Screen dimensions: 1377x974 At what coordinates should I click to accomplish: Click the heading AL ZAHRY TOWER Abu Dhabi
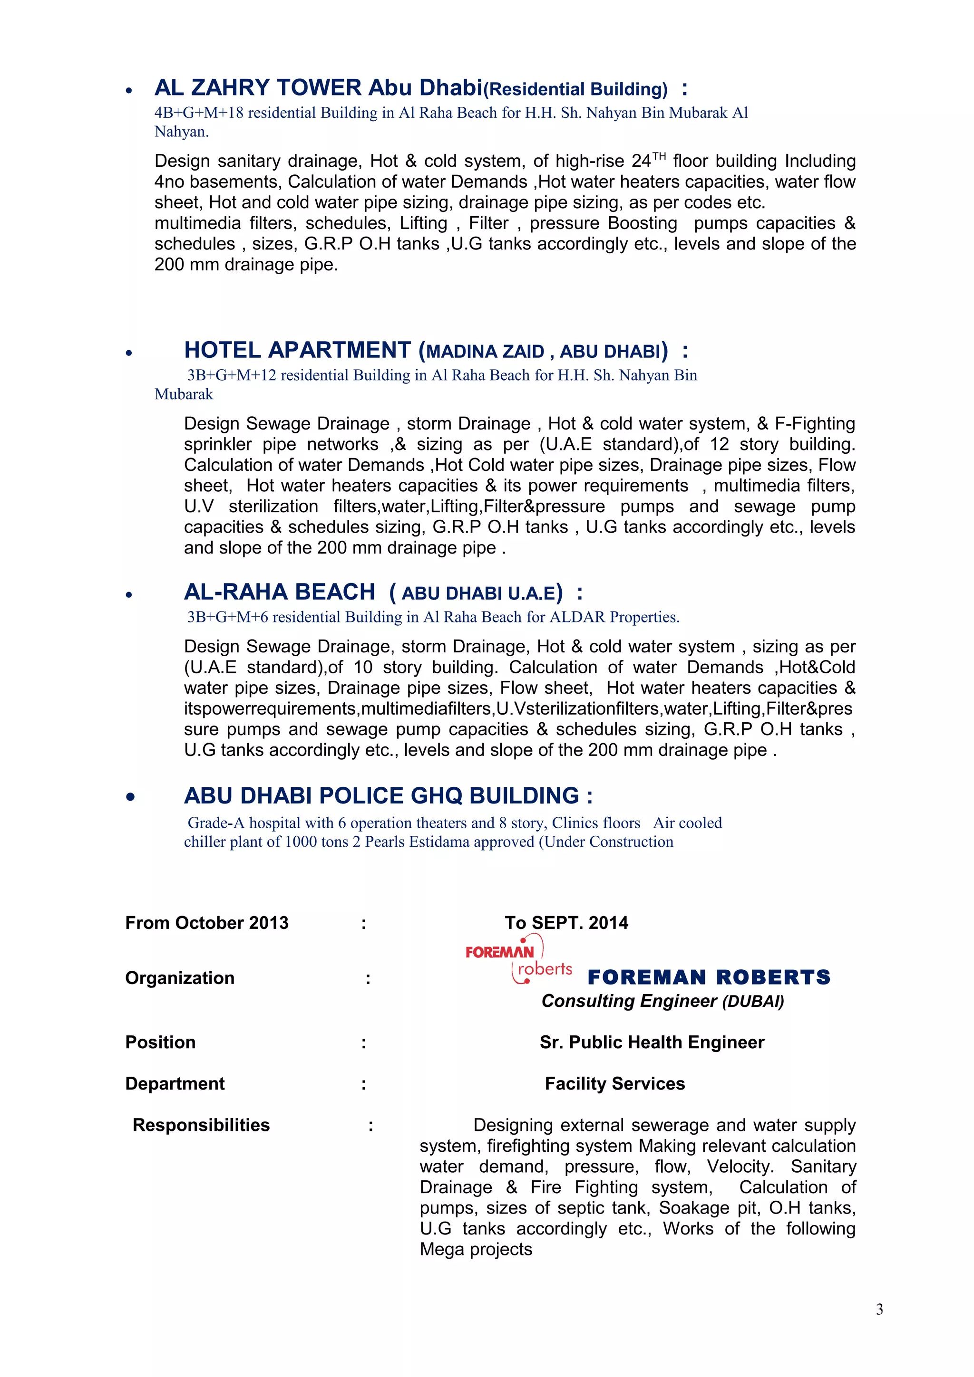pyautogui.click(x=318, y=88)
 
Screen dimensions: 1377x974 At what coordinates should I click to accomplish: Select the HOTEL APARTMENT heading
pyautogui.click(x=297, y=350)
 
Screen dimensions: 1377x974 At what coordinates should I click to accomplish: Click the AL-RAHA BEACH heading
pyautogui.click(x=279, y=592)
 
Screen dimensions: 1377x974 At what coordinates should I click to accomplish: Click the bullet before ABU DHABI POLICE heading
pyautogui.click(x=130, y=797)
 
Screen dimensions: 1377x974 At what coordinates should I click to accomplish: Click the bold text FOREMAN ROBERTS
pyautogui.click(x=708, y=977)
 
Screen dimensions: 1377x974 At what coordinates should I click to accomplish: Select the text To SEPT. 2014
pyautogui.click(x=566, y=922)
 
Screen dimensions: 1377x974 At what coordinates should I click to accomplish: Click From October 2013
pyautogui.click(x=206, y=922)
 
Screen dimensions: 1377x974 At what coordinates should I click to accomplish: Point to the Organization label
pyautogui.click(x=179, y=977)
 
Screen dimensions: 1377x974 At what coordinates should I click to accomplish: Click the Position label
pyautogui.click(x=160, y=1042)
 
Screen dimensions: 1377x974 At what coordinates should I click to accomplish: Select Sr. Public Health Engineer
pyautogui.click(x=651, y=1042)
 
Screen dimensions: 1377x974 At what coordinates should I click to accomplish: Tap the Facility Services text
pyautogui.click(x=614, y=1083)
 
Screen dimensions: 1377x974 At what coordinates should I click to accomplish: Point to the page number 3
pyautogui.click(x=879, y=1309)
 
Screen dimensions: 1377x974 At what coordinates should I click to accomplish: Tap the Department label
pyautogui.click(x=175, y=1083)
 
